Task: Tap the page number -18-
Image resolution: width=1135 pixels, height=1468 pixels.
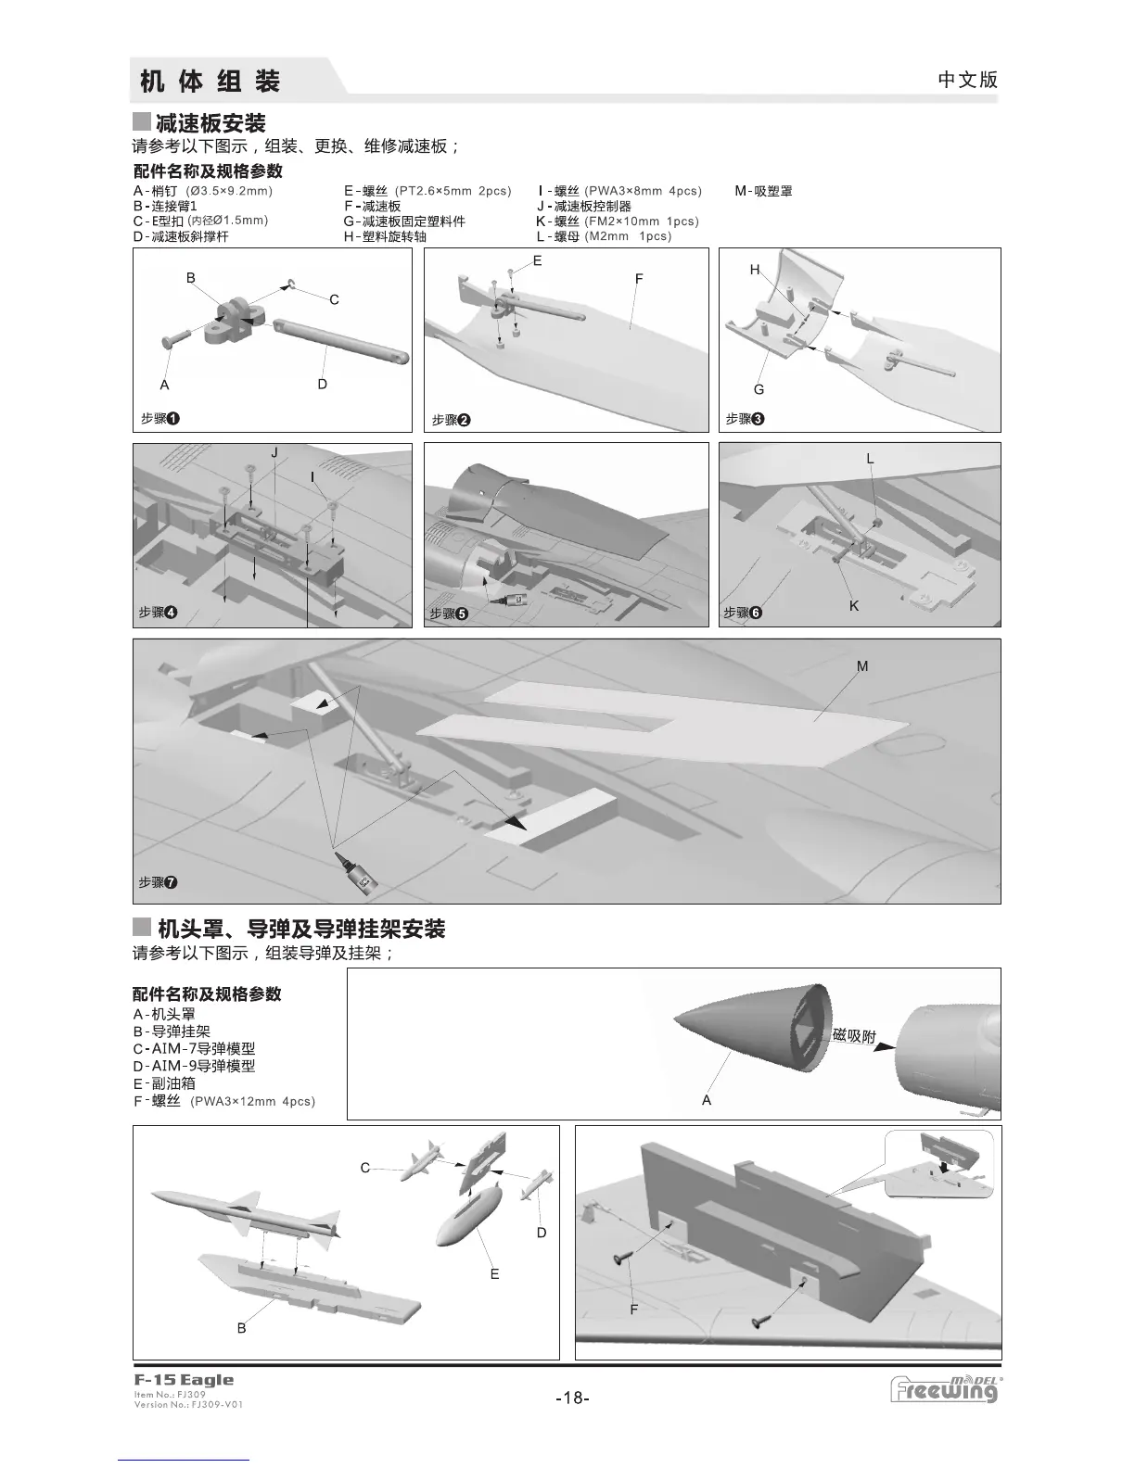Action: (x=571, y=1398)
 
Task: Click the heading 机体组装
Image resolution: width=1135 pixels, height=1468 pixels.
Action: (x=210, y=81)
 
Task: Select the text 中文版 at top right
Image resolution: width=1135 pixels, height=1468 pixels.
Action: (x=968, y=80)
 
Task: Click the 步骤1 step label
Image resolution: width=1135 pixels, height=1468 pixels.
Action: (x=159, y=419)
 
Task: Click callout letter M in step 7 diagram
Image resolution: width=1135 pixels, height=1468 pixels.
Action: (x=862, y=666)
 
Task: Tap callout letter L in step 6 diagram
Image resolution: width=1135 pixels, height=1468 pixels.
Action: (x=870, y=459)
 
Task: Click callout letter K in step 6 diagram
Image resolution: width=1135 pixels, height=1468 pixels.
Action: (x=854, y=606)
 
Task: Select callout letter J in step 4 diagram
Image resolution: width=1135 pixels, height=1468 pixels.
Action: (x=274, y=453)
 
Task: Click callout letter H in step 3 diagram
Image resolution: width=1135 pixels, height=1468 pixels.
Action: (x=755, y=270)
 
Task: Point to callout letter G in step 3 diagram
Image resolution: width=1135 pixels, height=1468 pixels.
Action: (x=759, y=389)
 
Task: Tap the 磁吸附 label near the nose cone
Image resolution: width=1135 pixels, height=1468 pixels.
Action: (x=854, y=1035)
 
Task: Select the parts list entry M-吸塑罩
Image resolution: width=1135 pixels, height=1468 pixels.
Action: (x=763, y=192)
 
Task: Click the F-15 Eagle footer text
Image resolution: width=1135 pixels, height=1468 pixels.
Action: (x=184, y=1380)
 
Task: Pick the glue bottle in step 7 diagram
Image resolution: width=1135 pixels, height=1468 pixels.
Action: (x=355, y=872)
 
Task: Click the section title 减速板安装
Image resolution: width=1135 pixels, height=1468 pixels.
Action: (x=210, y=123)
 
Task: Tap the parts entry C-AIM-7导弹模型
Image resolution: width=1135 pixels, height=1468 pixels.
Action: (x=194, y=1049)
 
